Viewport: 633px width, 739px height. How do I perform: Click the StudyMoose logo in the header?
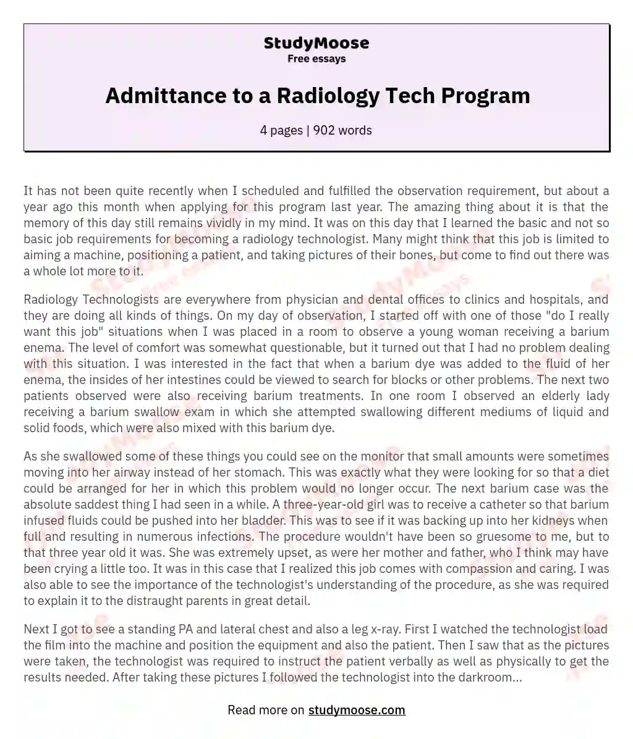pos(316,43)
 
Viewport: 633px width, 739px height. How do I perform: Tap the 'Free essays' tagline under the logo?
pos(316,59)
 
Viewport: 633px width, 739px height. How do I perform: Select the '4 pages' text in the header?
pos(281,130)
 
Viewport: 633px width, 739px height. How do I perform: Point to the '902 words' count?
pos(342,130)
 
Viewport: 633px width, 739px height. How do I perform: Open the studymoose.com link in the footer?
pos(357,710)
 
